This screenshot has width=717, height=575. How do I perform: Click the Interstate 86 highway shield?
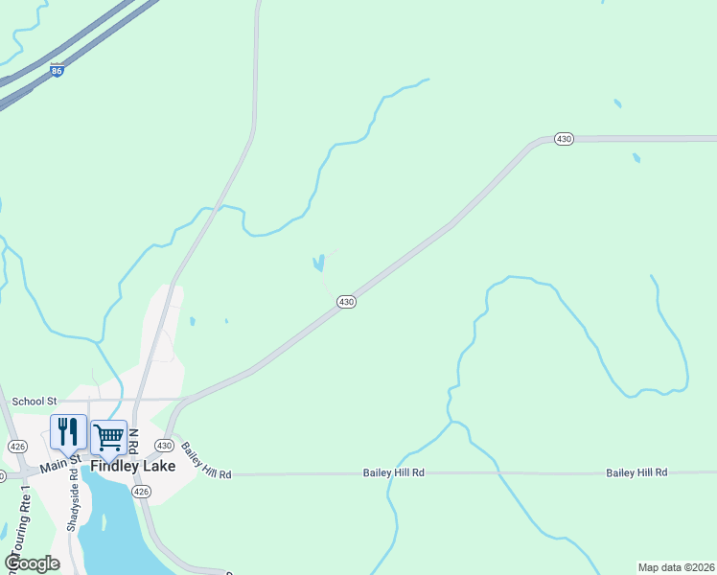tap(58, 71)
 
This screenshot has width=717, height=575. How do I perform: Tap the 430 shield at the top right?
tap(564, 139)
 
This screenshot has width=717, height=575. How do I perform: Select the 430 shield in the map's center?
tap(347, 302)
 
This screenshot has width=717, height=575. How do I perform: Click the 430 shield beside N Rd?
tap(164, 446)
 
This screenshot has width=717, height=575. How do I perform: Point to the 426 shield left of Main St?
tap(17, 447)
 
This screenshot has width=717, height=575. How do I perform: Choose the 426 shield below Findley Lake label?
tap(141, 492)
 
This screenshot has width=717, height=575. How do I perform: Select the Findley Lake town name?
tap(133, 466)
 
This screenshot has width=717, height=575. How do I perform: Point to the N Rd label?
tap(135, 442)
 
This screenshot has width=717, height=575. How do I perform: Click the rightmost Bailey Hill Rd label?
tap(636, 473)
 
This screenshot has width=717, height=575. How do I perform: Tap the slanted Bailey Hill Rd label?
tap(206, 461)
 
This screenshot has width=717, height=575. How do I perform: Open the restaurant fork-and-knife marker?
tap(68, 432)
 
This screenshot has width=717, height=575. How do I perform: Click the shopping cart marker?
tap(108, 437)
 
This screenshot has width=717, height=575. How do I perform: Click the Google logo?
tap(33, 563)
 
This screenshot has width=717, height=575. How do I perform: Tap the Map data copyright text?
tap(676, 567)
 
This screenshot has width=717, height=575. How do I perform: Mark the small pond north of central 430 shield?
tap(318, 263)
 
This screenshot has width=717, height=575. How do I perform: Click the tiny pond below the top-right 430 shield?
tap(636, 158)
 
